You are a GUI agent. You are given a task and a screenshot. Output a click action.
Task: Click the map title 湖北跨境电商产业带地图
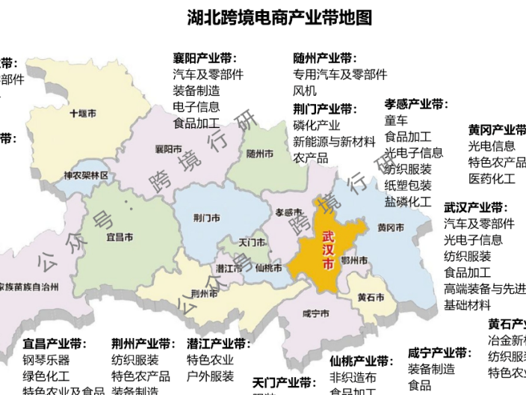279,17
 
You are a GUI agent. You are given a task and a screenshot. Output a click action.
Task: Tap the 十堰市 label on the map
82,114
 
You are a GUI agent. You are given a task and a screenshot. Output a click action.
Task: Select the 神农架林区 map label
86,176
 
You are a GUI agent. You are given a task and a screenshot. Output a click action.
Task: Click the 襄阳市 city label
168,149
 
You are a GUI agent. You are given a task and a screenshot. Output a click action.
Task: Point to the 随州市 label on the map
259,153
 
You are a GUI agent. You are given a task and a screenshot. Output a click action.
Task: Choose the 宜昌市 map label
120,236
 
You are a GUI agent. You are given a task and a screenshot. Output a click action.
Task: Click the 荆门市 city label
206,218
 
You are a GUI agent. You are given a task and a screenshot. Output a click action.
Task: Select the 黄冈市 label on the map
391,227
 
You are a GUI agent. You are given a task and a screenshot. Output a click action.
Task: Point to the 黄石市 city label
371,296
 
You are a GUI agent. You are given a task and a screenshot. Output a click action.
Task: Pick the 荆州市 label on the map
204,293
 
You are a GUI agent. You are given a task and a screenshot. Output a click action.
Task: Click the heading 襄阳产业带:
205,58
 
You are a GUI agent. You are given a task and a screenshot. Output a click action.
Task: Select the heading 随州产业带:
325,58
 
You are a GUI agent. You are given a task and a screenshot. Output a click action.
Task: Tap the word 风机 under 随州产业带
305,91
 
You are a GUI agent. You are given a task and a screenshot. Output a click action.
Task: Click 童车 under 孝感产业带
396,120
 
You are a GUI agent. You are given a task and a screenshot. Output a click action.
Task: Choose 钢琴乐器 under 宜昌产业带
46,360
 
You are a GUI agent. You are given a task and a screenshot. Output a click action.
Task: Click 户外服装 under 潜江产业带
210,376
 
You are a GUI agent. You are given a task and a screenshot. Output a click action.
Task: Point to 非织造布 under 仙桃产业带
353,378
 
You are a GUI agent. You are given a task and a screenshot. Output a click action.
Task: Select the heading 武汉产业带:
475,207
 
